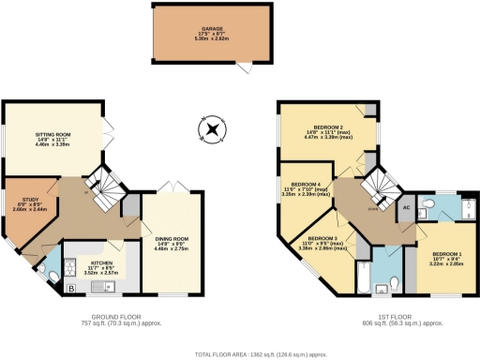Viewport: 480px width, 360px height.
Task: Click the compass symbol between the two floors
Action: click(x=213, y=128)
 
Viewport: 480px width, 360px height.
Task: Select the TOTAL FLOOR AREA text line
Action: click(x=260, y=355)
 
